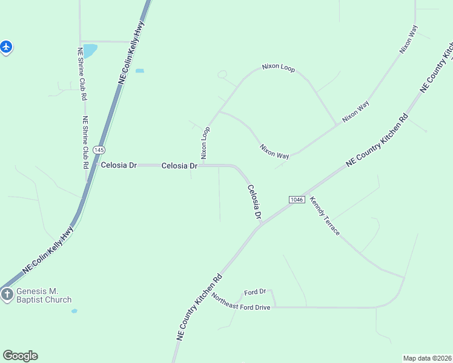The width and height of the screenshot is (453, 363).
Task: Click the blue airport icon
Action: point(5,46)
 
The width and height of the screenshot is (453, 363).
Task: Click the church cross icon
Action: point(7,295)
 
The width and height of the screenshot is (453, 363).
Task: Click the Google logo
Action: point(20,356)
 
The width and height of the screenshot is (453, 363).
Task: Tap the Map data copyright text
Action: point(428,358)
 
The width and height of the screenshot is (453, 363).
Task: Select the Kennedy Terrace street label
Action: point(325,216)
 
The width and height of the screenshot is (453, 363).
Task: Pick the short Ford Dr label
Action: point(255,292)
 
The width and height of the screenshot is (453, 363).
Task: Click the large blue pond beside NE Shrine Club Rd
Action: point(89,51)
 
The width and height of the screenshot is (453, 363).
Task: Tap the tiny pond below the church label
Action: point(74,311)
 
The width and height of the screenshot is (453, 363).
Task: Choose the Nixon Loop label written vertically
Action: point(205,143)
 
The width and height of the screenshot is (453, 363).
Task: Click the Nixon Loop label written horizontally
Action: point(278,68)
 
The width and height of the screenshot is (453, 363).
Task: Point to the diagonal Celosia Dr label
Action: point(254,202)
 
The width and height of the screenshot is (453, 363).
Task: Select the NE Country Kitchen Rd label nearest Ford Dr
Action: point(199,308)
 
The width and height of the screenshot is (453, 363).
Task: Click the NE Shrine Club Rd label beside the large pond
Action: point(81,74)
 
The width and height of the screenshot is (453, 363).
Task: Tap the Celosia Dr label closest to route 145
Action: point(120,165)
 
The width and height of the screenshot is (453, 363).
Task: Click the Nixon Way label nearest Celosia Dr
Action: point(274,151)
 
